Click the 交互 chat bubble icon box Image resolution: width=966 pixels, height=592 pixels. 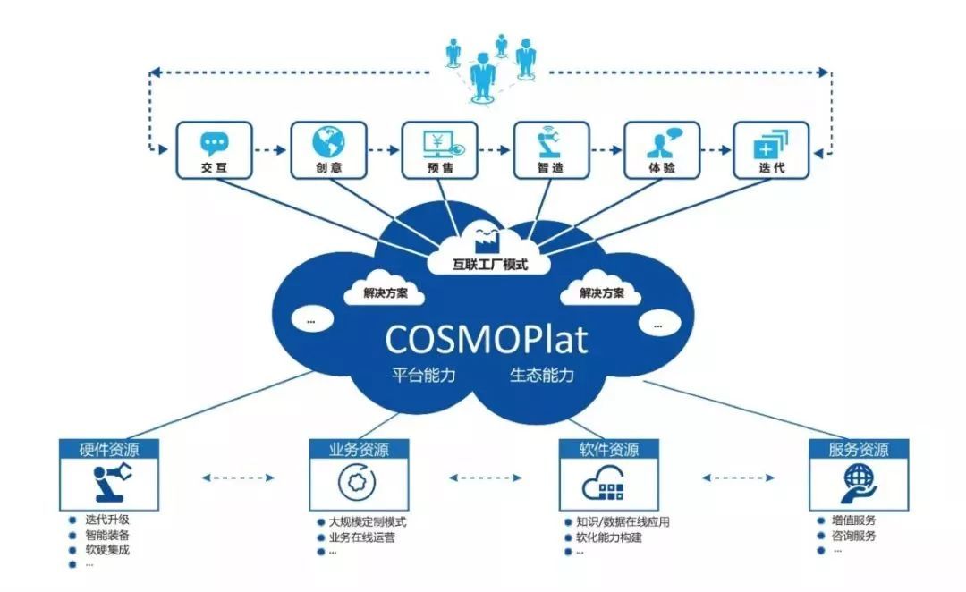coord(214,149)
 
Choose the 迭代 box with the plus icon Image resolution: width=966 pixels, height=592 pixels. coord(770,149)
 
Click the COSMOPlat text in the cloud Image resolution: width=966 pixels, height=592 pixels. coord(487,340)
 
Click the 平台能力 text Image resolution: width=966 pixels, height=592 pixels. coord(424,375)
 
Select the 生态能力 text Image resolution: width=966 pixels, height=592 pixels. coord(542,375)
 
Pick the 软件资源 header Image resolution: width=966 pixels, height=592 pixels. coord(608,449)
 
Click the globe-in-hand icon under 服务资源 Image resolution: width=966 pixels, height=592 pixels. coord(858,484)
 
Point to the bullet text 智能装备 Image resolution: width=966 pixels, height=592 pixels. coord(106,535)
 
